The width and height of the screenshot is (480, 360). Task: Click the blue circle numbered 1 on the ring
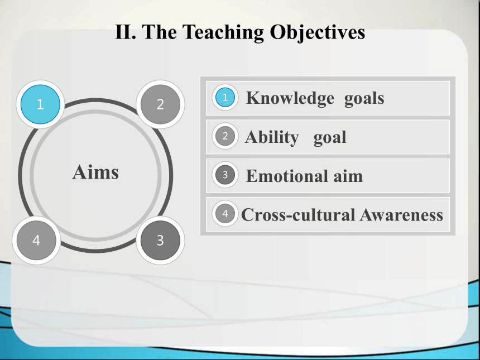pos(40,104)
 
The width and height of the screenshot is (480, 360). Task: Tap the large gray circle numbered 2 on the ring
pos(160,104)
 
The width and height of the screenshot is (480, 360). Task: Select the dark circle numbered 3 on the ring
pos(160,241)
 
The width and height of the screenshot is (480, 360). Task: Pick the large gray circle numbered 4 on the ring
pos(36,241)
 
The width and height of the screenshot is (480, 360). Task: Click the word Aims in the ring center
pos(95,172)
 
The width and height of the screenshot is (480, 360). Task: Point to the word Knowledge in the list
pos(290,98)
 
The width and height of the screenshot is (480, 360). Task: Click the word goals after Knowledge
pos(364,99)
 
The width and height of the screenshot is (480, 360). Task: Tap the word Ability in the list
pos(272,137)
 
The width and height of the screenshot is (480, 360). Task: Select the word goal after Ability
pos(330,138)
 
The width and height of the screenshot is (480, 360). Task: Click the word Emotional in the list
pos(287,176)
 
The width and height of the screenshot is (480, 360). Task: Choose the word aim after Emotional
pos(348,176)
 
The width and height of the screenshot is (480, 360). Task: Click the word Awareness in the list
pos(401,215)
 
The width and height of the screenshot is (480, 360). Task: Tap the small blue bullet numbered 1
pos(225,97)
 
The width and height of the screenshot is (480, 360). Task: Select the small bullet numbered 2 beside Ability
pos(225,136)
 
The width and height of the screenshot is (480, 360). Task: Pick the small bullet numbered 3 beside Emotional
pos(225,175)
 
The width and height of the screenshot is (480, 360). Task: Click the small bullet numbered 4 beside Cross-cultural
pos(225,213)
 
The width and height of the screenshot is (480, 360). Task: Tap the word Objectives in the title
pos(318,32)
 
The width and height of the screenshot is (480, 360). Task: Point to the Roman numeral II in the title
pos(126,32)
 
